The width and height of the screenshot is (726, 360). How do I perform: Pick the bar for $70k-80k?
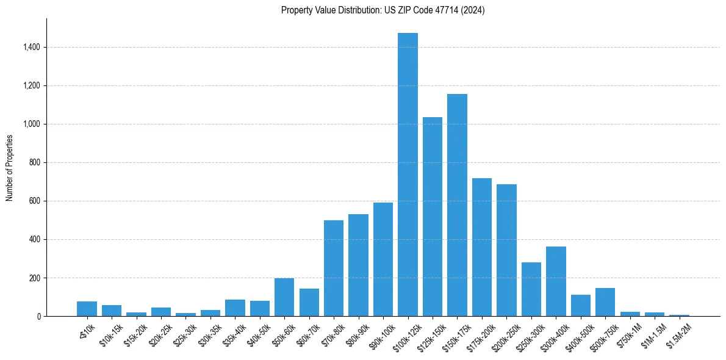[334, 268]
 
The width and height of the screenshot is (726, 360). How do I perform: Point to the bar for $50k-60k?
[284, 297]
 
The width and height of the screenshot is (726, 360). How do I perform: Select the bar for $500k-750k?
[605, 302]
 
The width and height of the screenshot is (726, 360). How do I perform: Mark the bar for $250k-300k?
[531, 289]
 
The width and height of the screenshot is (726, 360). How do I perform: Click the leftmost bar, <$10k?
[87, 309]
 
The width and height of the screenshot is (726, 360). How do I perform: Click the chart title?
[383, 10]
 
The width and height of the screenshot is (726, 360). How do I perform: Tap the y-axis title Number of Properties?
[10, 167]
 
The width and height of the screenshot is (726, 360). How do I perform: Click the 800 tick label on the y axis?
[34, 162]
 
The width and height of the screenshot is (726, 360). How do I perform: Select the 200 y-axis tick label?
[34, 278]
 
